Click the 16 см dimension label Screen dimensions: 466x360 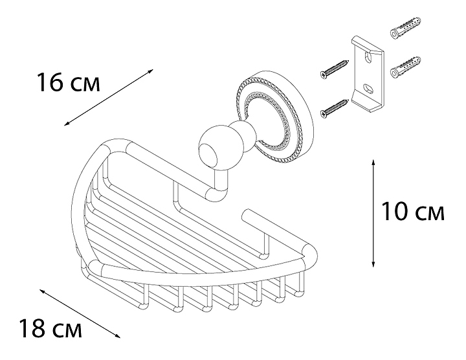[x=69, y=82]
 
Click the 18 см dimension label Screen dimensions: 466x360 [x=50, y=328]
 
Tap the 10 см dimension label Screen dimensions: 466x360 [x=412, y=211]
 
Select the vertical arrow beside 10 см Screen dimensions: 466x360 [x=373, y=213]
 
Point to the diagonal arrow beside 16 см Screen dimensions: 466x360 [x=109, y=98]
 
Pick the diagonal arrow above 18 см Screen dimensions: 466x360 [x=80, y=313]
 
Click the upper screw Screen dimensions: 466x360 [x=335, y=68]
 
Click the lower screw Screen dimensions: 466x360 [x=335, y=107]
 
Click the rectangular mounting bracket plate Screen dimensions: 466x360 [x=368, y=75]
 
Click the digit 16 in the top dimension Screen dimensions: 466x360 [x=50, y=82]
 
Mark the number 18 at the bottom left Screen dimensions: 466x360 [x=32, y=328]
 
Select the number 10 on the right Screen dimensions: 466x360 [x=394, y=211]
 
